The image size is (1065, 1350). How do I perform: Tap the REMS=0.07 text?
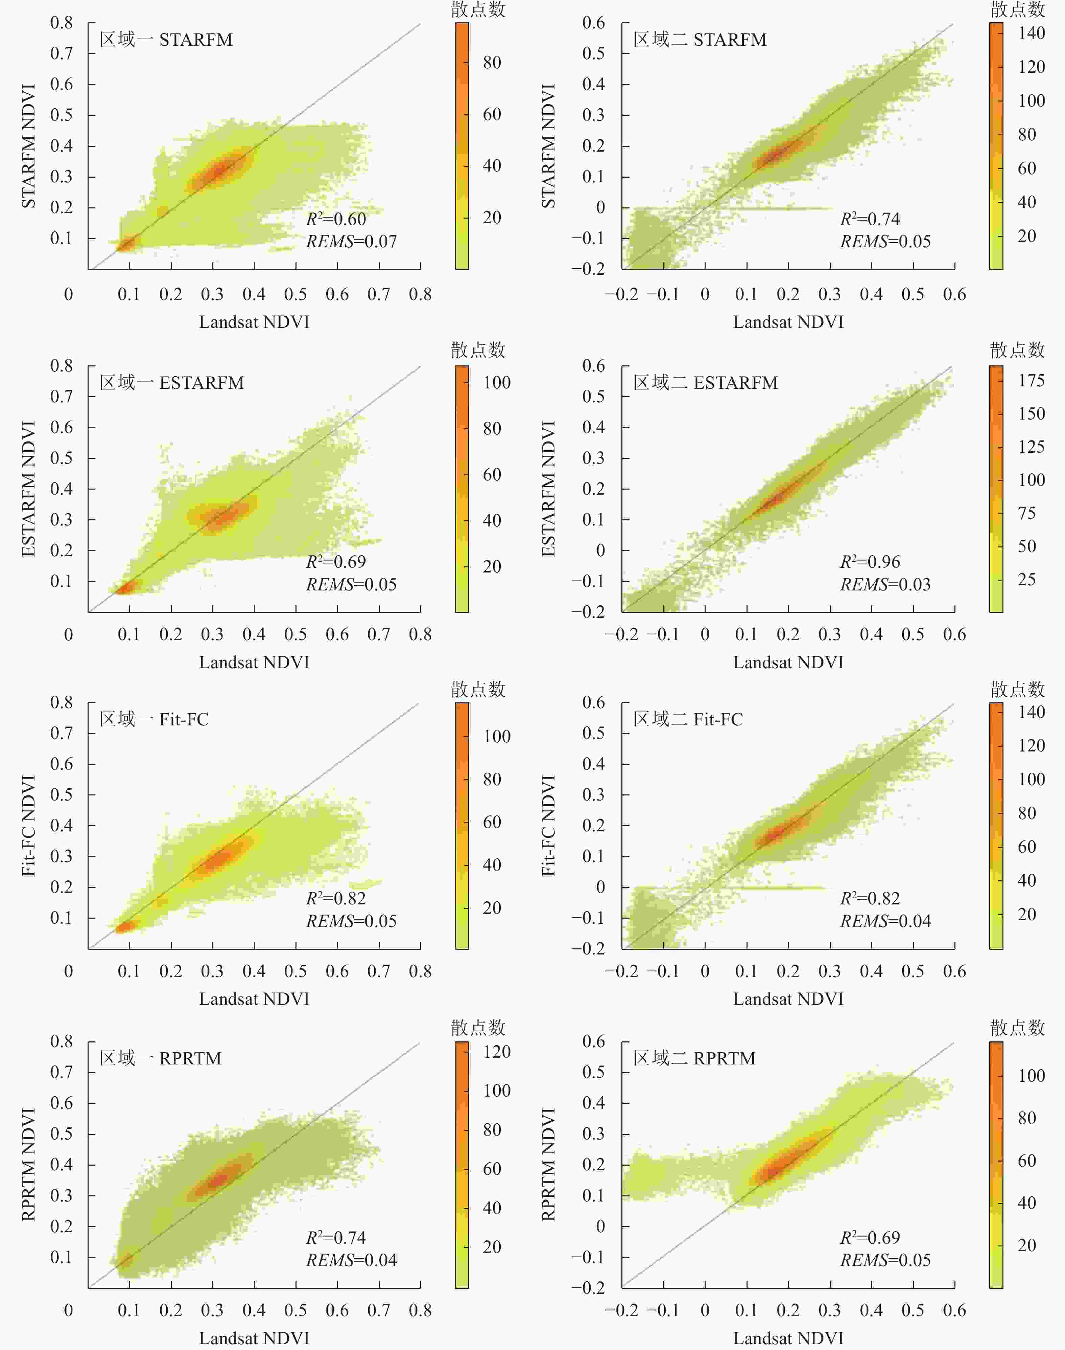point(351,242)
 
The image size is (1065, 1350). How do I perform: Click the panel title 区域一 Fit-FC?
point(154,719)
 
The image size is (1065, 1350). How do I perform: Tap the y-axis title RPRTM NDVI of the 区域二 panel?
point(548,1165)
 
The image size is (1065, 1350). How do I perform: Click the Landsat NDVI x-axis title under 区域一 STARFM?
point(254,322)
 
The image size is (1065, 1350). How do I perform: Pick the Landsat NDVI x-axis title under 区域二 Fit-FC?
point(788,999)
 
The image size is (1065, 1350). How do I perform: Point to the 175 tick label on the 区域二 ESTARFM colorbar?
point(1031,381)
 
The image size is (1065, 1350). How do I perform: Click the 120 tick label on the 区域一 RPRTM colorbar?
point(497,1052)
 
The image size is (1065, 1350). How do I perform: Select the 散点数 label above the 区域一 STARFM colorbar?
point(478,9)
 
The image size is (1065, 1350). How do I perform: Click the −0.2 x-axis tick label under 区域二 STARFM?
point(622,294)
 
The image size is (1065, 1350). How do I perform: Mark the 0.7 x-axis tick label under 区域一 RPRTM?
point(378,1310)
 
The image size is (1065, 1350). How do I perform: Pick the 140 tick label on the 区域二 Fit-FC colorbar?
point(1031,712)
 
